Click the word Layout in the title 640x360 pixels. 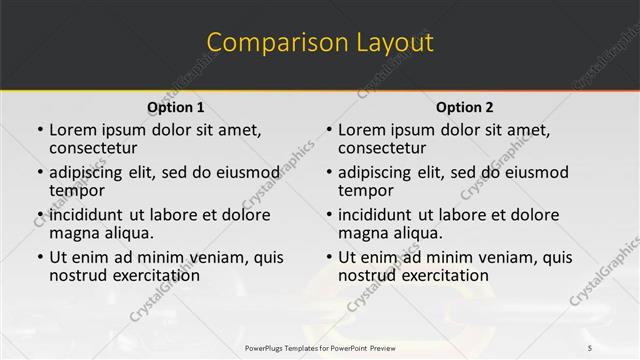tap(394, 42)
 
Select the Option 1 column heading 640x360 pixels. tap(176, 107)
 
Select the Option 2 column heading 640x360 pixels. tap(465, 107)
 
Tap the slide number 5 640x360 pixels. tap(589, 347)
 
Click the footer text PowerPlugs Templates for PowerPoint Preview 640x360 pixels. tap(320, 347)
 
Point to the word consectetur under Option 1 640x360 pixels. tap(95, 148)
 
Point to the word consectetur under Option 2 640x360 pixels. tap(384, 148)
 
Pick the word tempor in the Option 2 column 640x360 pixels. tap(366, 190)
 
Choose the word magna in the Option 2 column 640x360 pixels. tap(363, 233)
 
